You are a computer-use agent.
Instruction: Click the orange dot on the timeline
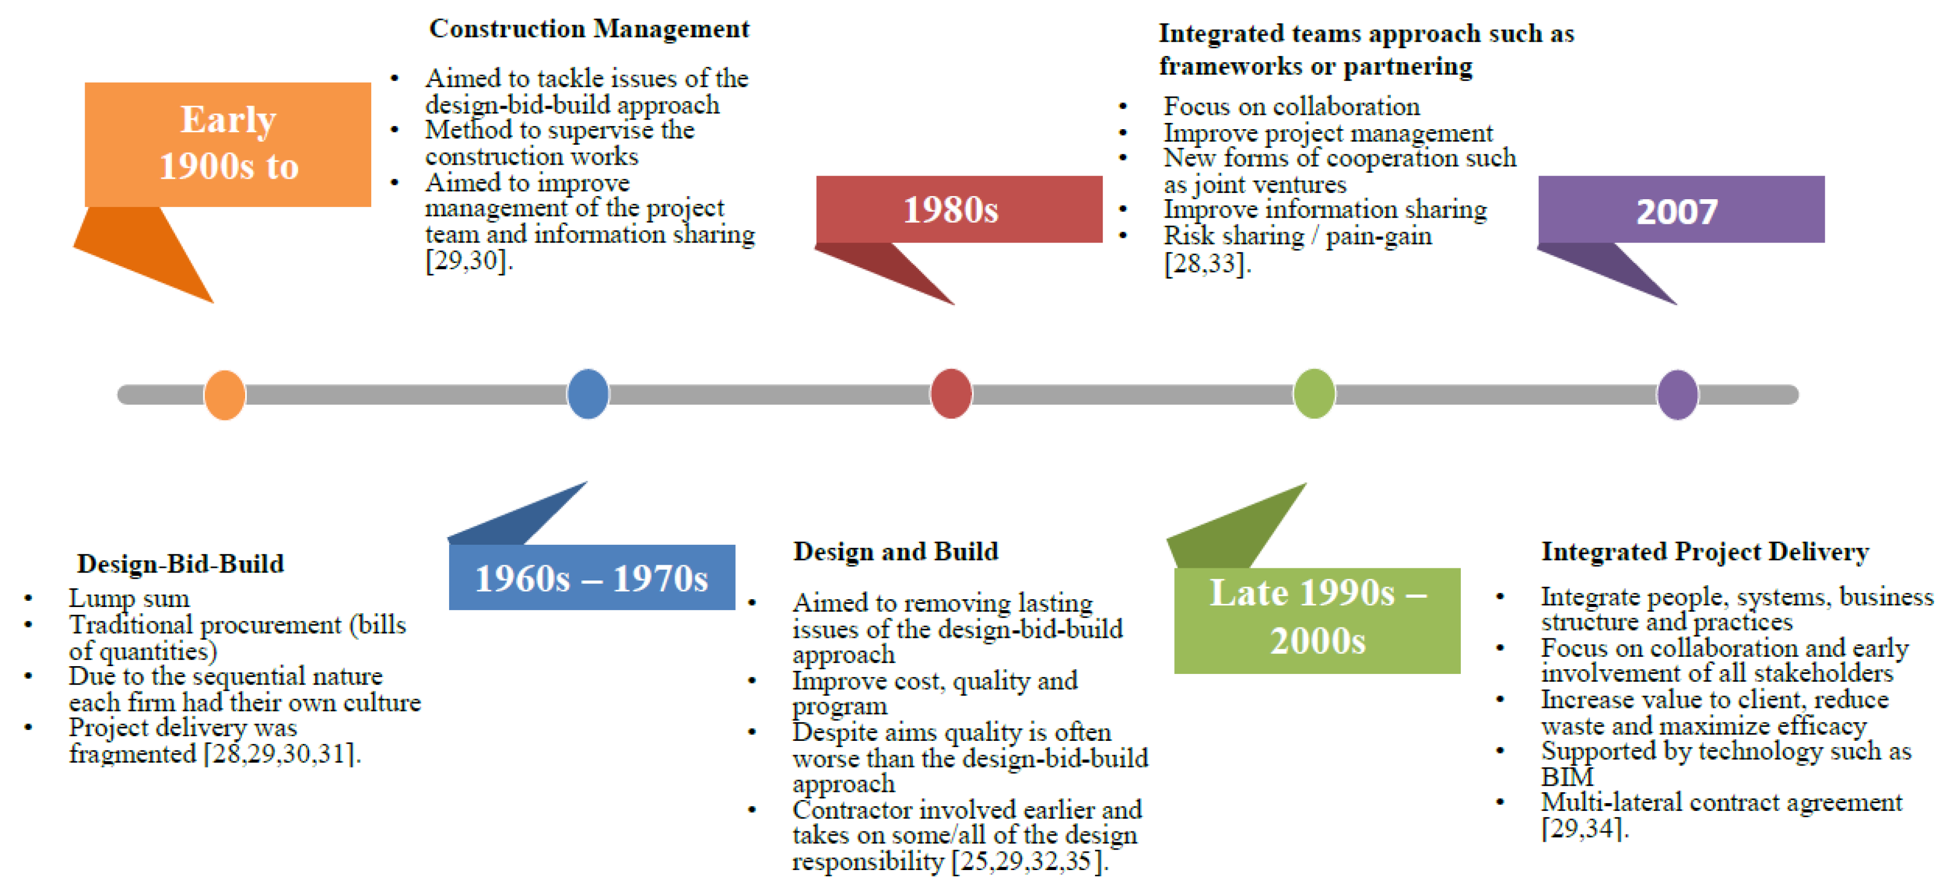tap(225, 395)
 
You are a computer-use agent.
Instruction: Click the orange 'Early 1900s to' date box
tap(227, 144)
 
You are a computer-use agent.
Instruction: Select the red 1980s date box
tap(958, 210)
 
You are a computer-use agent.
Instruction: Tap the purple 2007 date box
tap(1681, 210)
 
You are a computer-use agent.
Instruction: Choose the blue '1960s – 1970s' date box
tap(592, 578)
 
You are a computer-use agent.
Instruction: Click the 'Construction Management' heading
tap(589, 29)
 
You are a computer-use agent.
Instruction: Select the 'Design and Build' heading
tap(896, 551)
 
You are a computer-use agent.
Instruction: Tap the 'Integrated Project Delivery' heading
tap(1705, 551)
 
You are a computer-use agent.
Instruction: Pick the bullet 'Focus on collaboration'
tap(1291, 106)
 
